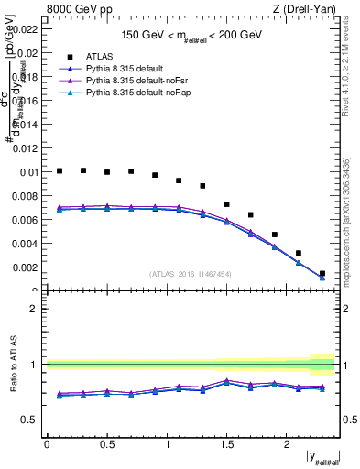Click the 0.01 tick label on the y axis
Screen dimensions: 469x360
pos(29,172)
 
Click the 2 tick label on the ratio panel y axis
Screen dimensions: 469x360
pos(33,309)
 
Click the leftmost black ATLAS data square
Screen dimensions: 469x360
pos(60,170)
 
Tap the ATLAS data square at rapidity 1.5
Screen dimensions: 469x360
pos(226,204)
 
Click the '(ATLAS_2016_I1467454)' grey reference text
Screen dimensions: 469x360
pos(191,273)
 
